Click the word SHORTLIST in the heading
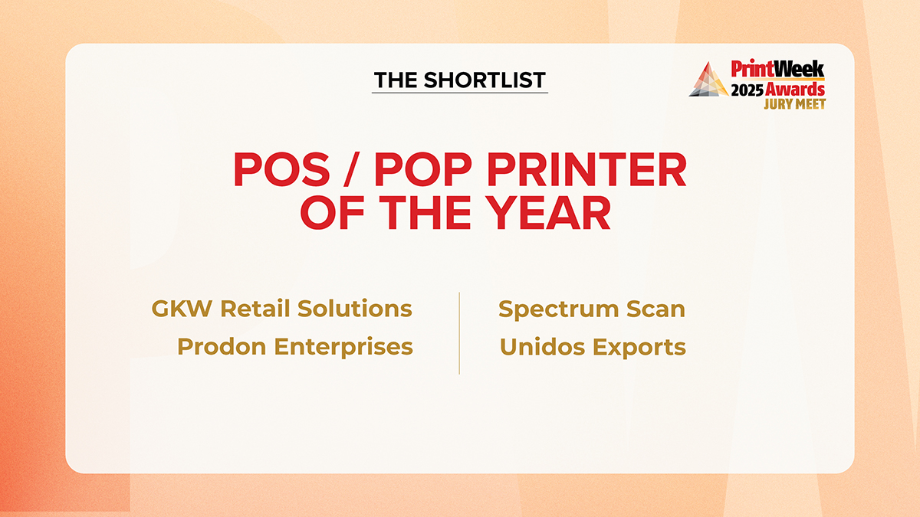pyautogui.click(x=485, y=80)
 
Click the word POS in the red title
pyautogui.click(x=282, y=169)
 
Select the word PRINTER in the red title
pyautogui.click(x=586, y=169)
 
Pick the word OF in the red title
pyautogui.click(x=332, y=212)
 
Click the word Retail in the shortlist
pyautogui.click(x=255, y=308)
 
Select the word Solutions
pyautogui.click(x=354, y=308)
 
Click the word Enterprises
pyautogui.click(x=343, y=348)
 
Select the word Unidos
pyautogui.click(x=542, y=347)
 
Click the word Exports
pyautogui.click(x=639, y=348)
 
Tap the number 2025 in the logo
pyautogui.click(x=747, y=90)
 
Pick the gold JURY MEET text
pyautogui.click(x=795, y=104)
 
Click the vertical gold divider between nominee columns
pyautogui.click(x=459, y=333)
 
